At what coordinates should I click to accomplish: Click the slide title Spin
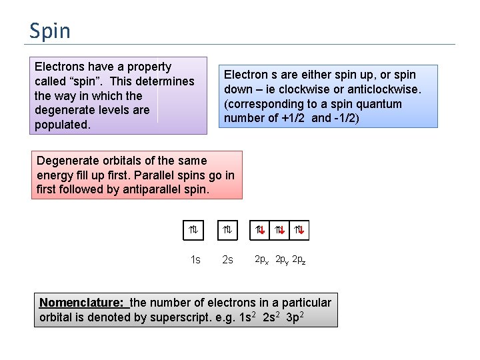pyautogui.click(x=49, y=31)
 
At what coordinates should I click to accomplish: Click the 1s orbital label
pyautogui.click(x=195, y=259)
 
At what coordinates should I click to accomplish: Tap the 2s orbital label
pyautogui.click(x=227, y=259)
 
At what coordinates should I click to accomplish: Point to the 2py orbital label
pyautogui.click(x=282, y=258)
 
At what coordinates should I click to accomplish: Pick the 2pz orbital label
pyautogui.click(x=299, y=258)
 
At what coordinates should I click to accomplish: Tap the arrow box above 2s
pyautogui.click(x=227, y=231)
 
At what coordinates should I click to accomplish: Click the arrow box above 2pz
pyautogui.click(x=299, y=231)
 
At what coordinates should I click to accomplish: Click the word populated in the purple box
pyautogui.click(x=62, y=125)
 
